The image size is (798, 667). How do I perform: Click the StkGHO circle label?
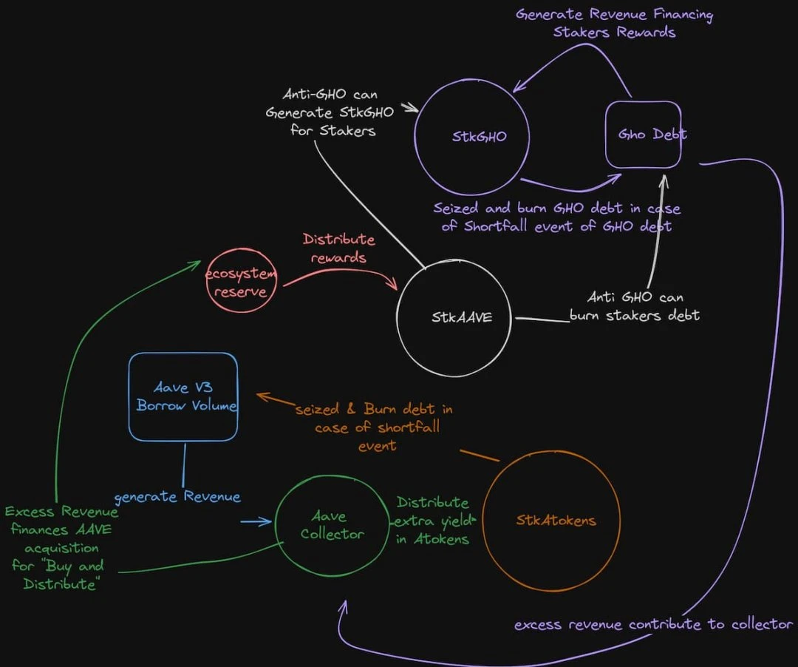click(470, 136)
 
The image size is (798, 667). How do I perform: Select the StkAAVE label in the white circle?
click(462, 317)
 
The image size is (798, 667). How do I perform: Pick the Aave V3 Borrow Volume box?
click(185, 396)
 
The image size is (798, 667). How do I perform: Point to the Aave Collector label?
click(332, 525)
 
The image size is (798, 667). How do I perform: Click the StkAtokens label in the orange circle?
click(556, 521)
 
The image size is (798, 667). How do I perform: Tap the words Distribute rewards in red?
click(338, 248)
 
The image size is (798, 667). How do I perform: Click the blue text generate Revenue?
click(177, 496)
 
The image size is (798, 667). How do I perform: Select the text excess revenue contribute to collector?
click(653, 624)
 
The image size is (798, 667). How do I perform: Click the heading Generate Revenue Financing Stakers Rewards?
click(615, 23)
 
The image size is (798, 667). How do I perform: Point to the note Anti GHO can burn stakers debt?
click(635, 306)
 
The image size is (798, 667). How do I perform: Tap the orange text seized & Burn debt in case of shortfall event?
click(374, 427)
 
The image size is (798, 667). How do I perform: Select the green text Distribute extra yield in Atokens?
click(432, 521)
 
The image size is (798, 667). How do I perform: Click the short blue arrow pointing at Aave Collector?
click(256, 523)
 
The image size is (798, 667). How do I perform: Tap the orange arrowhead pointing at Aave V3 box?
click(262, 397)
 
